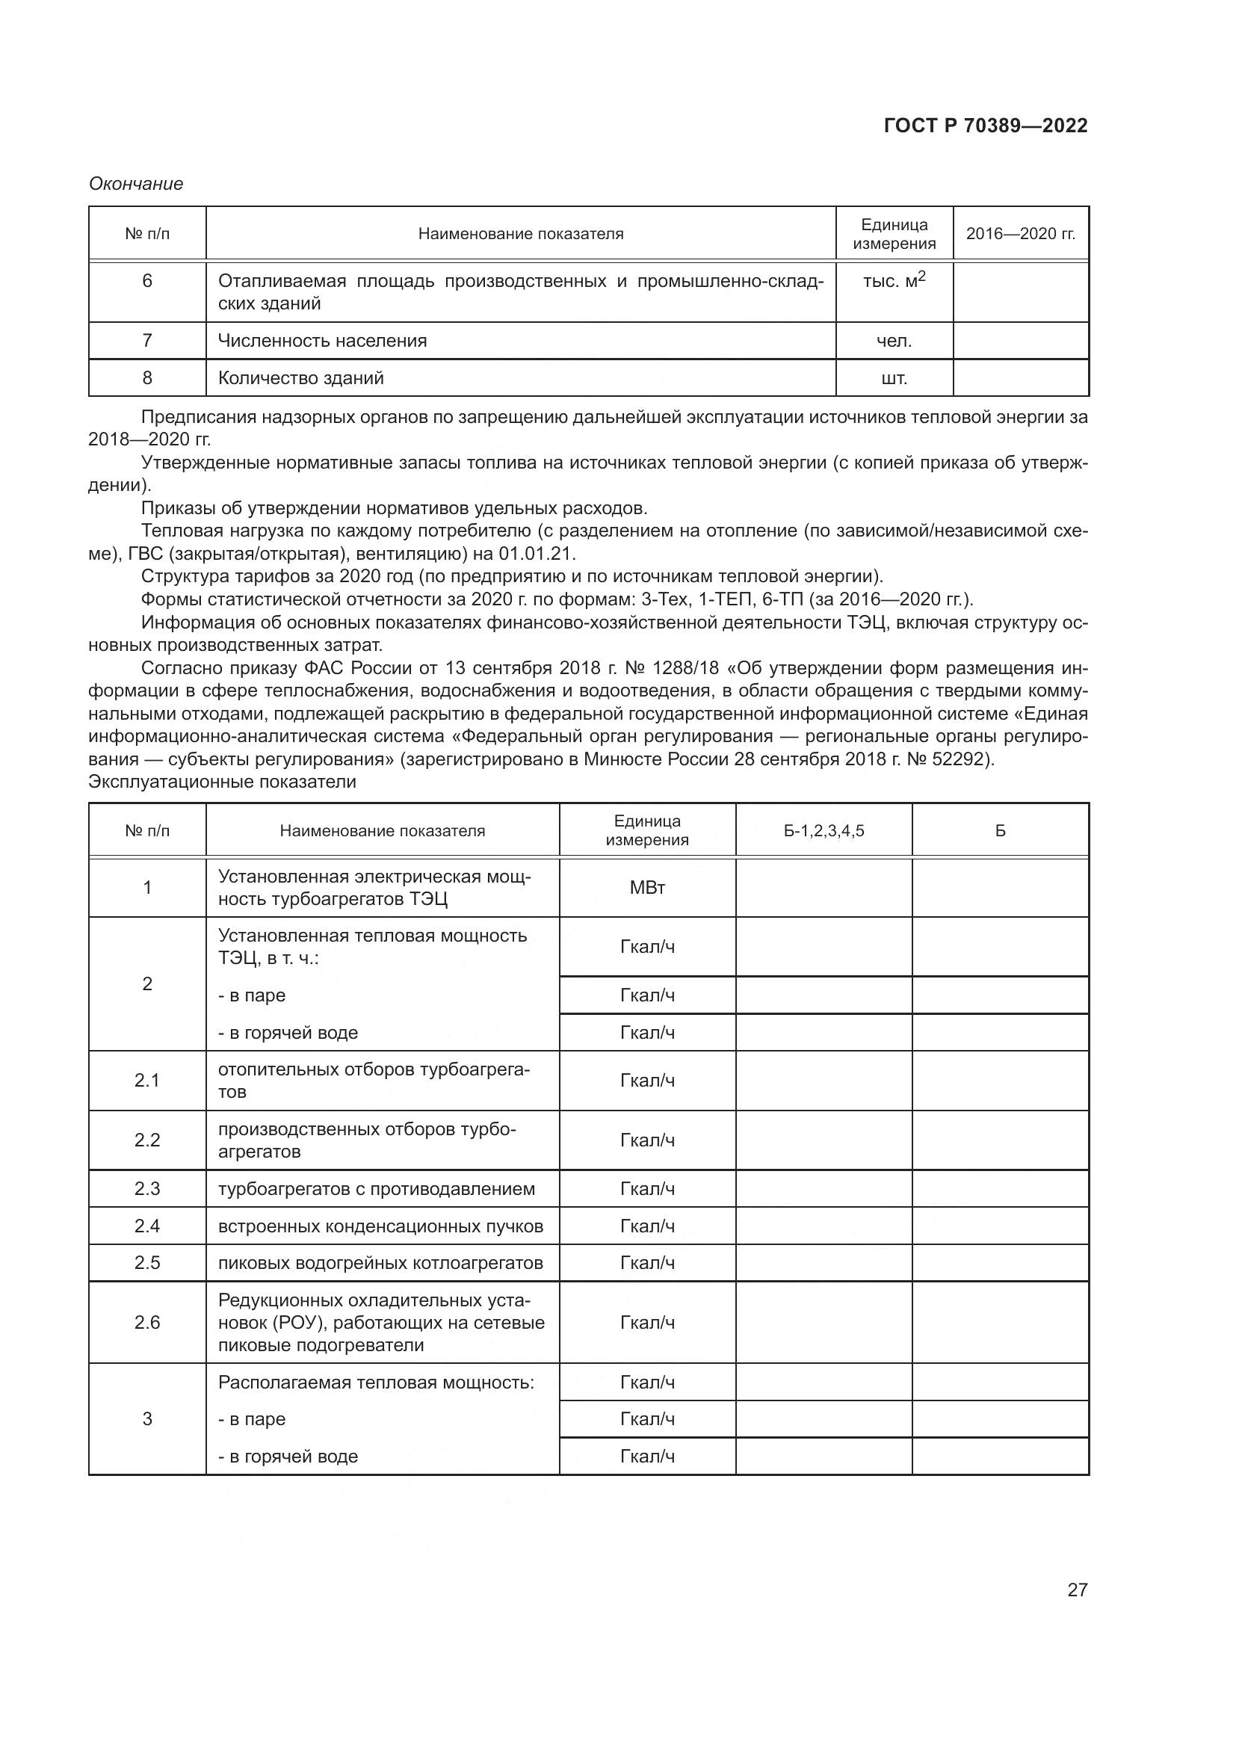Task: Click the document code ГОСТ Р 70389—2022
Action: pos(986,126)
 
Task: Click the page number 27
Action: pos(1077,1590)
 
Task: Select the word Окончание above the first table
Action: pos(136,185)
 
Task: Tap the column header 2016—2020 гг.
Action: pos(1021,235)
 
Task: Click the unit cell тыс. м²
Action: pos(894,281)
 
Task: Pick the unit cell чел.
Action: pos(894,341)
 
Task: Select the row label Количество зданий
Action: pos(300,378)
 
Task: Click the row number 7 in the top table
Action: pos(147,341)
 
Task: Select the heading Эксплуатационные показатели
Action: pos(222,782)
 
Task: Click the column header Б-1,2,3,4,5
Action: pos(824,830)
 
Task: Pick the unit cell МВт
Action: pos(647,888)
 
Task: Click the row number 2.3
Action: pos(147,1189)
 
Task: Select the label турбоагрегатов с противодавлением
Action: pos(377,1189)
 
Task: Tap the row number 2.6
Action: pos(147,1323)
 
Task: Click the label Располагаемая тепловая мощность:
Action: pos(376,1383)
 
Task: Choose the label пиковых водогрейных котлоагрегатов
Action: pos(380,1263)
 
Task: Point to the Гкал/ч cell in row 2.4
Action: pos(647,1226)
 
